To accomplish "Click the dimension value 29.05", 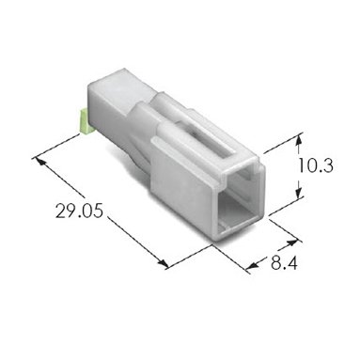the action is coord(79,211).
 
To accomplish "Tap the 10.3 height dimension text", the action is coord(315,165).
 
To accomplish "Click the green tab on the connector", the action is coord(85,121).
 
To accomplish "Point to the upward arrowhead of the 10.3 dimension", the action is coord(300,138).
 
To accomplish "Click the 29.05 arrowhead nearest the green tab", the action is coord(41,161).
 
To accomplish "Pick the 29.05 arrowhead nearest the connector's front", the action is coord(164,264).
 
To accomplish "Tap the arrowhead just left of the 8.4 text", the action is coord(253,266).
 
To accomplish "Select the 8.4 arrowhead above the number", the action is coord(291,243).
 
